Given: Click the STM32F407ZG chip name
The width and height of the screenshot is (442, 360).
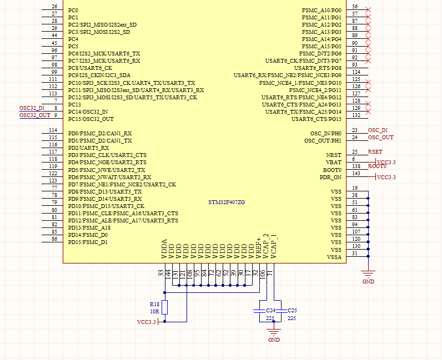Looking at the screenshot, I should [222, 202].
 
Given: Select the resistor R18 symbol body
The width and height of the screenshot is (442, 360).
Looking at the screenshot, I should [165, 308].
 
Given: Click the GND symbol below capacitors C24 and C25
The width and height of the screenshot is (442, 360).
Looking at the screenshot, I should [273, 334].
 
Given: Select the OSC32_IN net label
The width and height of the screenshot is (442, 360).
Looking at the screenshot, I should [32, 108].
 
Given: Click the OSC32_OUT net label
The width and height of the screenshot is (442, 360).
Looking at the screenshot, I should [34, 115].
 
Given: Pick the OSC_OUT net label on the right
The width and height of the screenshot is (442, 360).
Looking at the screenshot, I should [380, 138].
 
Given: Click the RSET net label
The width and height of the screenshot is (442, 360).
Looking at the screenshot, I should [375, 151].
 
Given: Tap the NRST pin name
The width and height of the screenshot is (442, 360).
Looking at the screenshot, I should [333, 155].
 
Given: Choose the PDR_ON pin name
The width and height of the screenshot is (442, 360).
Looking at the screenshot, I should [330, 177].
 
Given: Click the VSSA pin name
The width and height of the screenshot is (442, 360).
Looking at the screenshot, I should [334, 257].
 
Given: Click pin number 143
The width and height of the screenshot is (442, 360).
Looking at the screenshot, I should [355, 174].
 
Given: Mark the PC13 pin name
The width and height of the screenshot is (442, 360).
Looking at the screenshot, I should [74, 104].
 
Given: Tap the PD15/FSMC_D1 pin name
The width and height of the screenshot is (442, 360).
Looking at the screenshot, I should [88, 242].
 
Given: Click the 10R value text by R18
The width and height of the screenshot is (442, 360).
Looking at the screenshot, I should [154, 311].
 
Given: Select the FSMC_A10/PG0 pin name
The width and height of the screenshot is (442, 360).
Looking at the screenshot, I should [322, 11].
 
